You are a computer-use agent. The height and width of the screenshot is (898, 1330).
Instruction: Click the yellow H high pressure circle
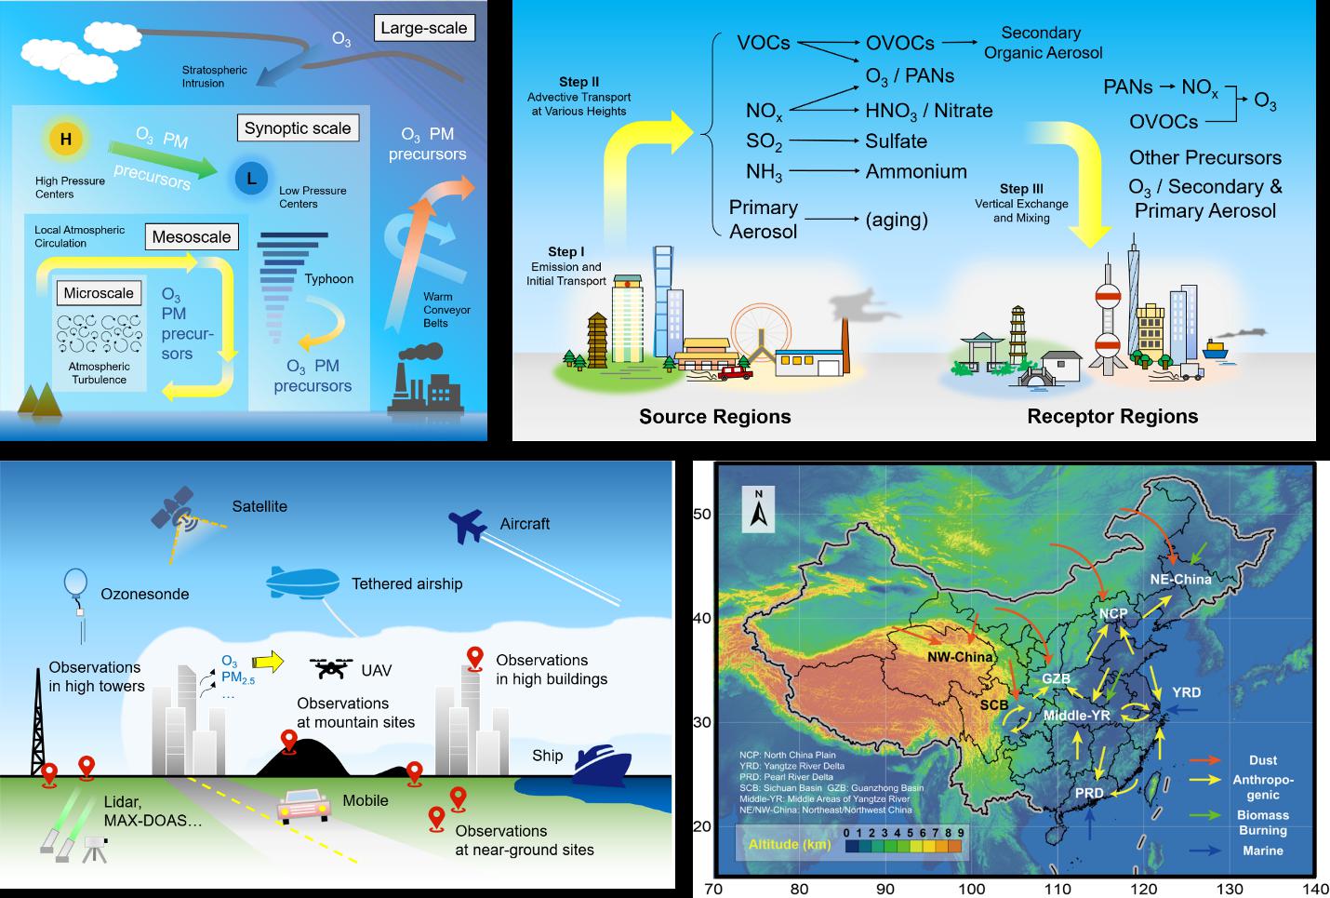66,139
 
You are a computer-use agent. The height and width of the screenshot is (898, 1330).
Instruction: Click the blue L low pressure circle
251,178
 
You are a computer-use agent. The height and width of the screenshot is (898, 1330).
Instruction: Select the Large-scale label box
424,28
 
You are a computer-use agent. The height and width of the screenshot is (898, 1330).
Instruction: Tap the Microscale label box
99,293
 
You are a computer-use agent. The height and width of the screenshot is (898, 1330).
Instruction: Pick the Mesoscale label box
192,236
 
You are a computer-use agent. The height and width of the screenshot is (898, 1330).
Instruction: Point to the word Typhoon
329,278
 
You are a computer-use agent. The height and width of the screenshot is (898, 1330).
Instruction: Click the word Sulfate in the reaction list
896,141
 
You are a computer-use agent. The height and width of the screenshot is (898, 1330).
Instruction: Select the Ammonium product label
916,171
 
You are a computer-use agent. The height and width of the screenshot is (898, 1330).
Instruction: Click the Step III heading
1021,188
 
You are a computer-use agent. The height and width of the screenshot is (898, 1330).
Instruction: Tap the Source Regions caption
715,416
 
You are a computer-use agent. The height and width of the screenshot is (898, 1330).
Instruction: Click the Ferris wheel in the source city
761,332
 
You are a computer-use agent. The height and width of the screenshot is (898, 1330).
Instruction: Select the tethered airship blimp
303,582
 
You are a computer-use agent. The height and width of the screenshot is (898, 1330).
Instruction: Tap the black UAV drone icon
331,667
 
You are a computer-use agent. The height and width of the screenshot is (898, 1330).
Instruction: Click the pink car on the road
304,806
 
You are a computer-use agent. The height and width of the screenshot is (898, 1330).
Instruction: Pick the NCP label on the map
1112,613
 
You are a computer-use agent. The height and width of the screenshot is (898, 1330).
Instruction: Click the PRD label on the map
1089,793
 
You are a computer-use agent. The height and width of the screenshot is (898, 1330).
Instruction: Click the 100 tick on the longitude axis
971,889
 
